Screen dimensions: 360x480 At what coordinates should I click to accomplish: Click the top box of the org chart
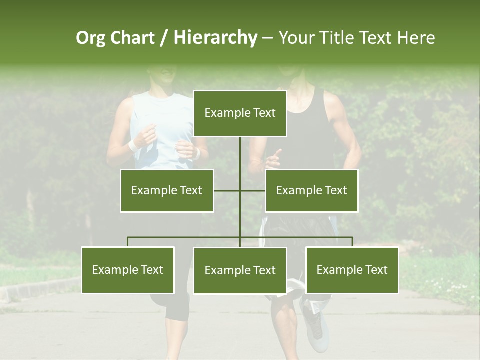(240, 113)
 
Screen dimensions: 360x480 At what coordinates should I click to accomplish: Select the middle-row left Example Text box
(167, 190)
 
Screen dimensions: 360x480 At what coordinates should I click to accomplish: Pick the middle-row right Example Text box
(311, 190)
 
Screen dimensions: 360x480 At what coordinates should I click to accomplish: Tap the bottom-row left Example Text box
(128, 270)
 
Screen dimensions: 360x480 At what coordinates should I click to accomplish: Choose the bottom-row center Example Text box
(240, 271)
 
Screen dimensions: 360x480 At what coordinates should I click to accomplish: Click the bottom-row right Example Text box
(352, 270)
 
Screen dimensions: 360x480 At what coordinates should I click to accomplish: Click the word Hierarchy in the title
(215, 38)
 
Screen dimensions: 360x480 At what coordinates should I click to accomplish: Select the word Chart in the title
(132, 38)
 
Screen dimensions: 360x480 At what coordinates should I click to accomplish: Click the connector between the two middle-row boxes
(239, 190)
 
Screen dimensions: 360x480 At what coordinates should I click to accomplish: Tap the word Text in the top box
(264, 113)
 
